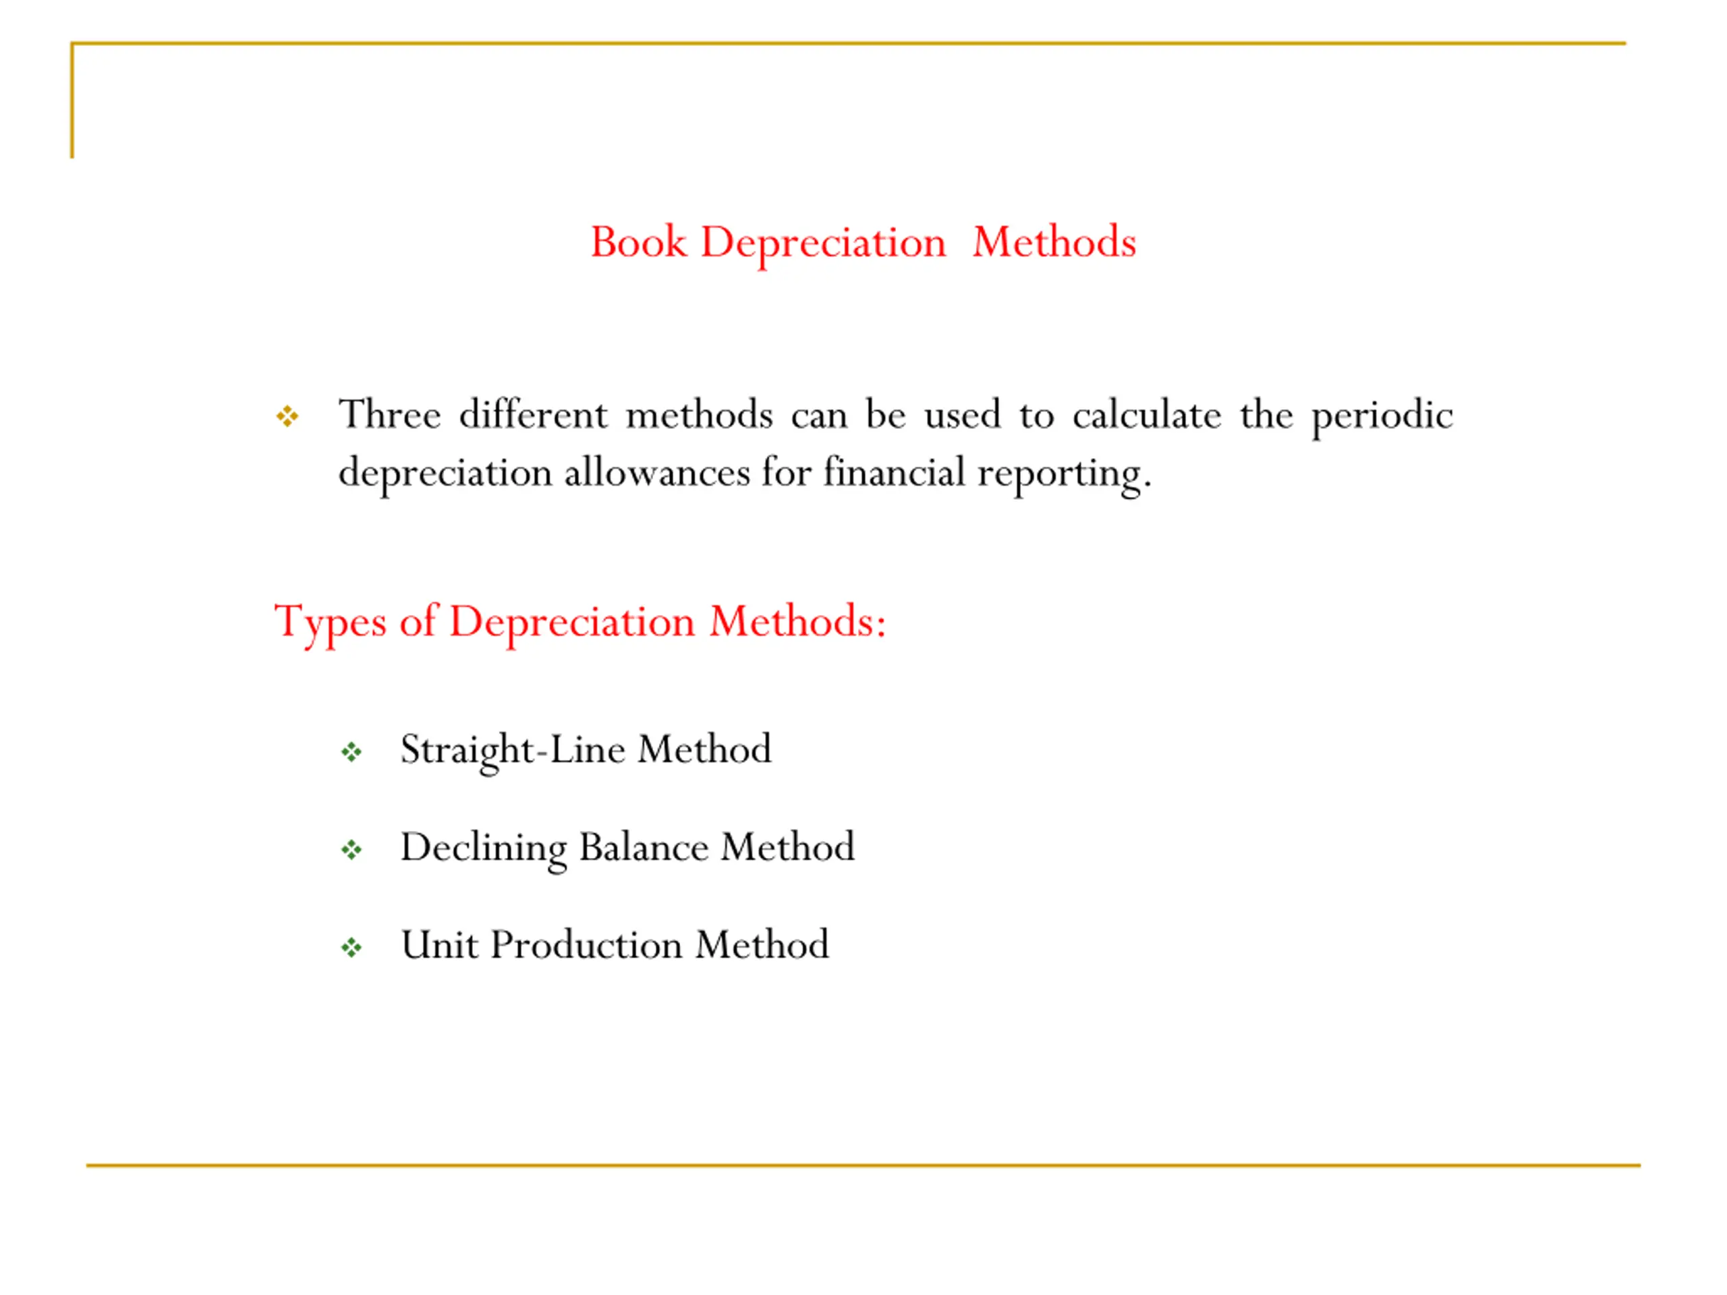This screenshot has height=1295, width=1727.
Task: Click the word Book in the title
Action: [x=638, y=242]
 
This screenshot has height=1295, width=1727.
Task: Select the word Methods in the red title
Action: [x=1053, y=242]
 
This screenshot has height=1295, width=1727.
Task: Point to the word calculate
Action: [x=1146, y=415]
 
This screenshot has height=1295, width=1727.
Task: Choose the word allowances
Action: [x=656, y=473]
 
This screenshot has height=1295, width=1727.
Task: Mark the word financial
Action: [x=894, y=473]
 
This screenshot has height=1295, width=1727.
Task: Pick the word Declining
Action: [x=483, y=848]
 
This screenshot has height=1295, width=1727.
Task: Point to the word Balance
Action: [x=644, y=848]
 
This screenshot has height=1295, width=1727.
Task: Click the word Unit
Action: [x=438, y=946]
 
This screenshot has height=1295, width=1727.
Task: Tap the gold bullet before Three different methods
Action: [x=287, y=416]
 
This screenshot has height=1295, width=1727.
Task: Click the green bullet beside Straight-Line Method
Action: [x=351, y=753]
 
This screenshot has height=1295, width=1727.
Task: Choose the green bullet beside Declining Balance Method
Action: [x=351, y=850]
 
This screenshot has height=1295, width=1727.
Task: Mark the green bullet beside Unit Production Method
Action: [x=351, y=948]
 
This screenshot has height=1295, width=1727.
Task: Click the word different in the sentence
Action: [x=533, y=415]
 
